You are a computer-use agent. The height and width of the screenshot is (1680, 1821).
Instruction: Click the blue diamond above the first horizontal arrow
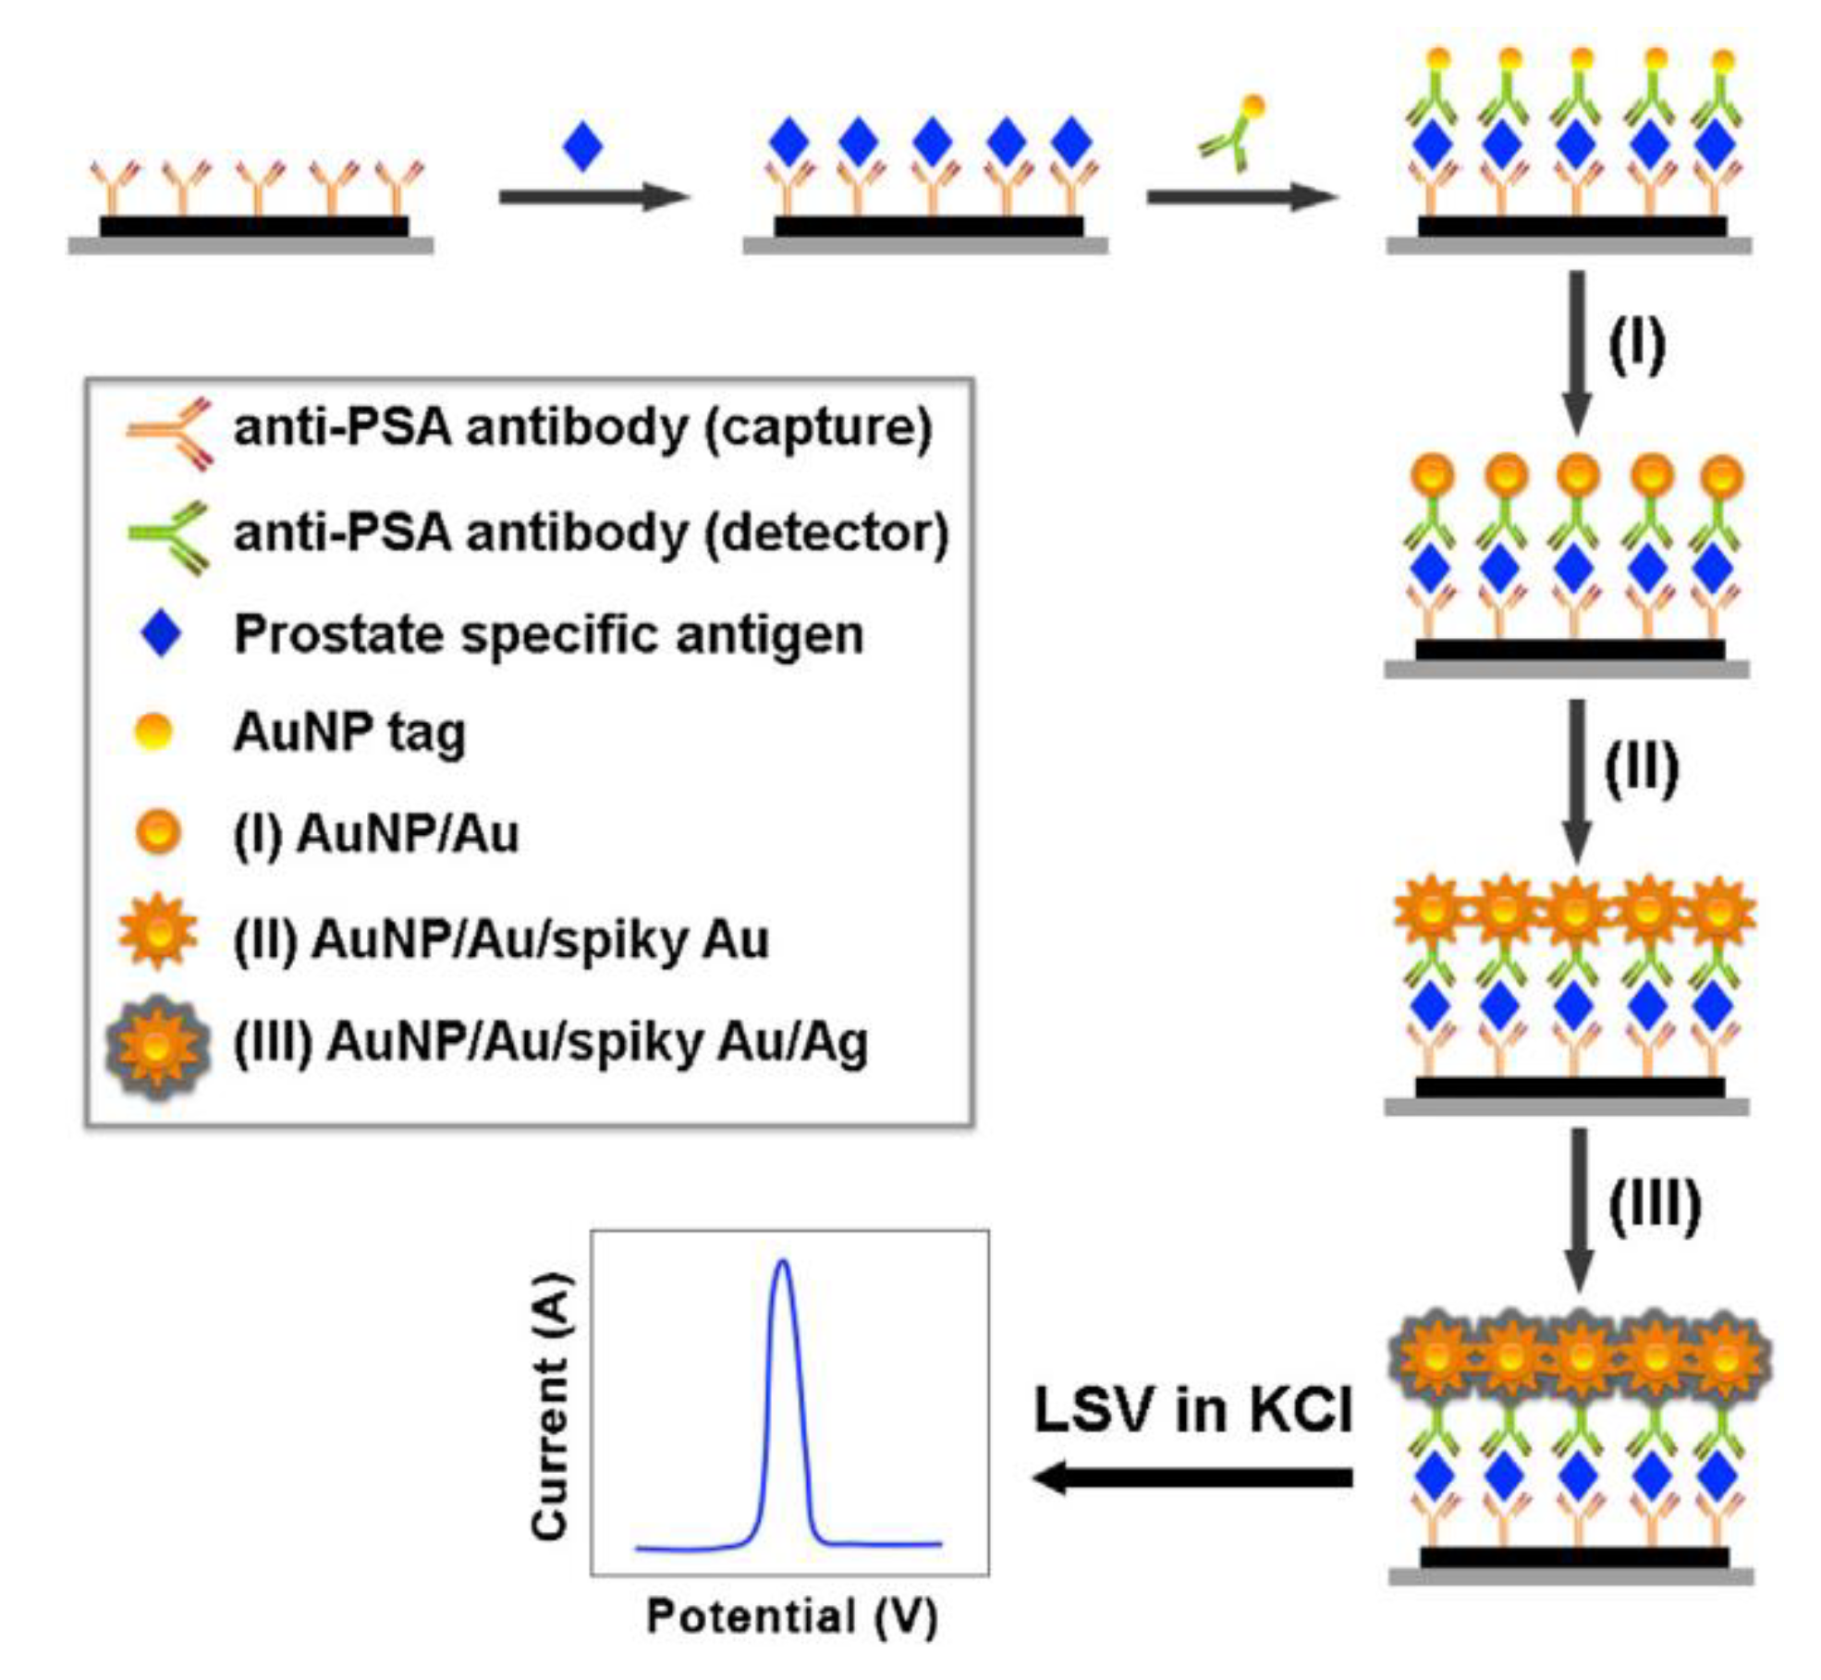(x=582, y=146)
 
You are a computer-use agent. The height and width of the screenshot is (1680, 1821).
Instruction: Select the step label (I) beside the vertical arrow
(x=1636, y=346)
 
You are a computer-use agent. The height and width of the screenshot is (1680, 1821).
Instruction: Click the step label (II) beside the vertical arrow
(x=1641, y=769)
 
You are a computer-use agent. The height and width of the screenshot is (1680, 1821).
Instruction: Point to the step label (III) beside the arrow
(x=1654, y=1206)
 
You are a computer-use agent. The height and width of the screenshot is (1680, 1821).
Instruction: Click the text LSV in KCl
(x=1192, y=1411)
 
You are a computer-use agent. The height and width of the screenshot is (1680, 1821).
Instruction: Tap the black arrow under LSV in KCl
(x=1192, y=1478)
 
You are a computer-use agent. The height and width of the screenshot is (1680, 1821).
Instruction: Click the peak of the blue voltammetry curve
(x=783, y=1262)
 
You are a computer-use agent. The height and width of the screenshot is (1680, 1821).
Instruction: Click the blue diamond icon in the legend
(x=161, y=634)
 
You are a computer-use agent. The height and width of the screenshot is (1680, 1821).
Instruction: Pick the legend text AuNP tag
(x=349, y=732)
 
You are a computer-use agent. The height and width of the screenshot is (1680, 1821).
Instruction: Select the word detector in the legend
(x=825, y=533)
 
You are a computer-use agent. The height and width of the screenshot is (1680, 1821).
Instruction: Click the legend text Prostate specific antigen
(x=549, y=634)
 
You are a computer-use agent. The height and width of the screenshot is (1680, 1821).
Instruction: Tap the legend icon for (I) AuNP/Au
(x=158, y=832)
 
